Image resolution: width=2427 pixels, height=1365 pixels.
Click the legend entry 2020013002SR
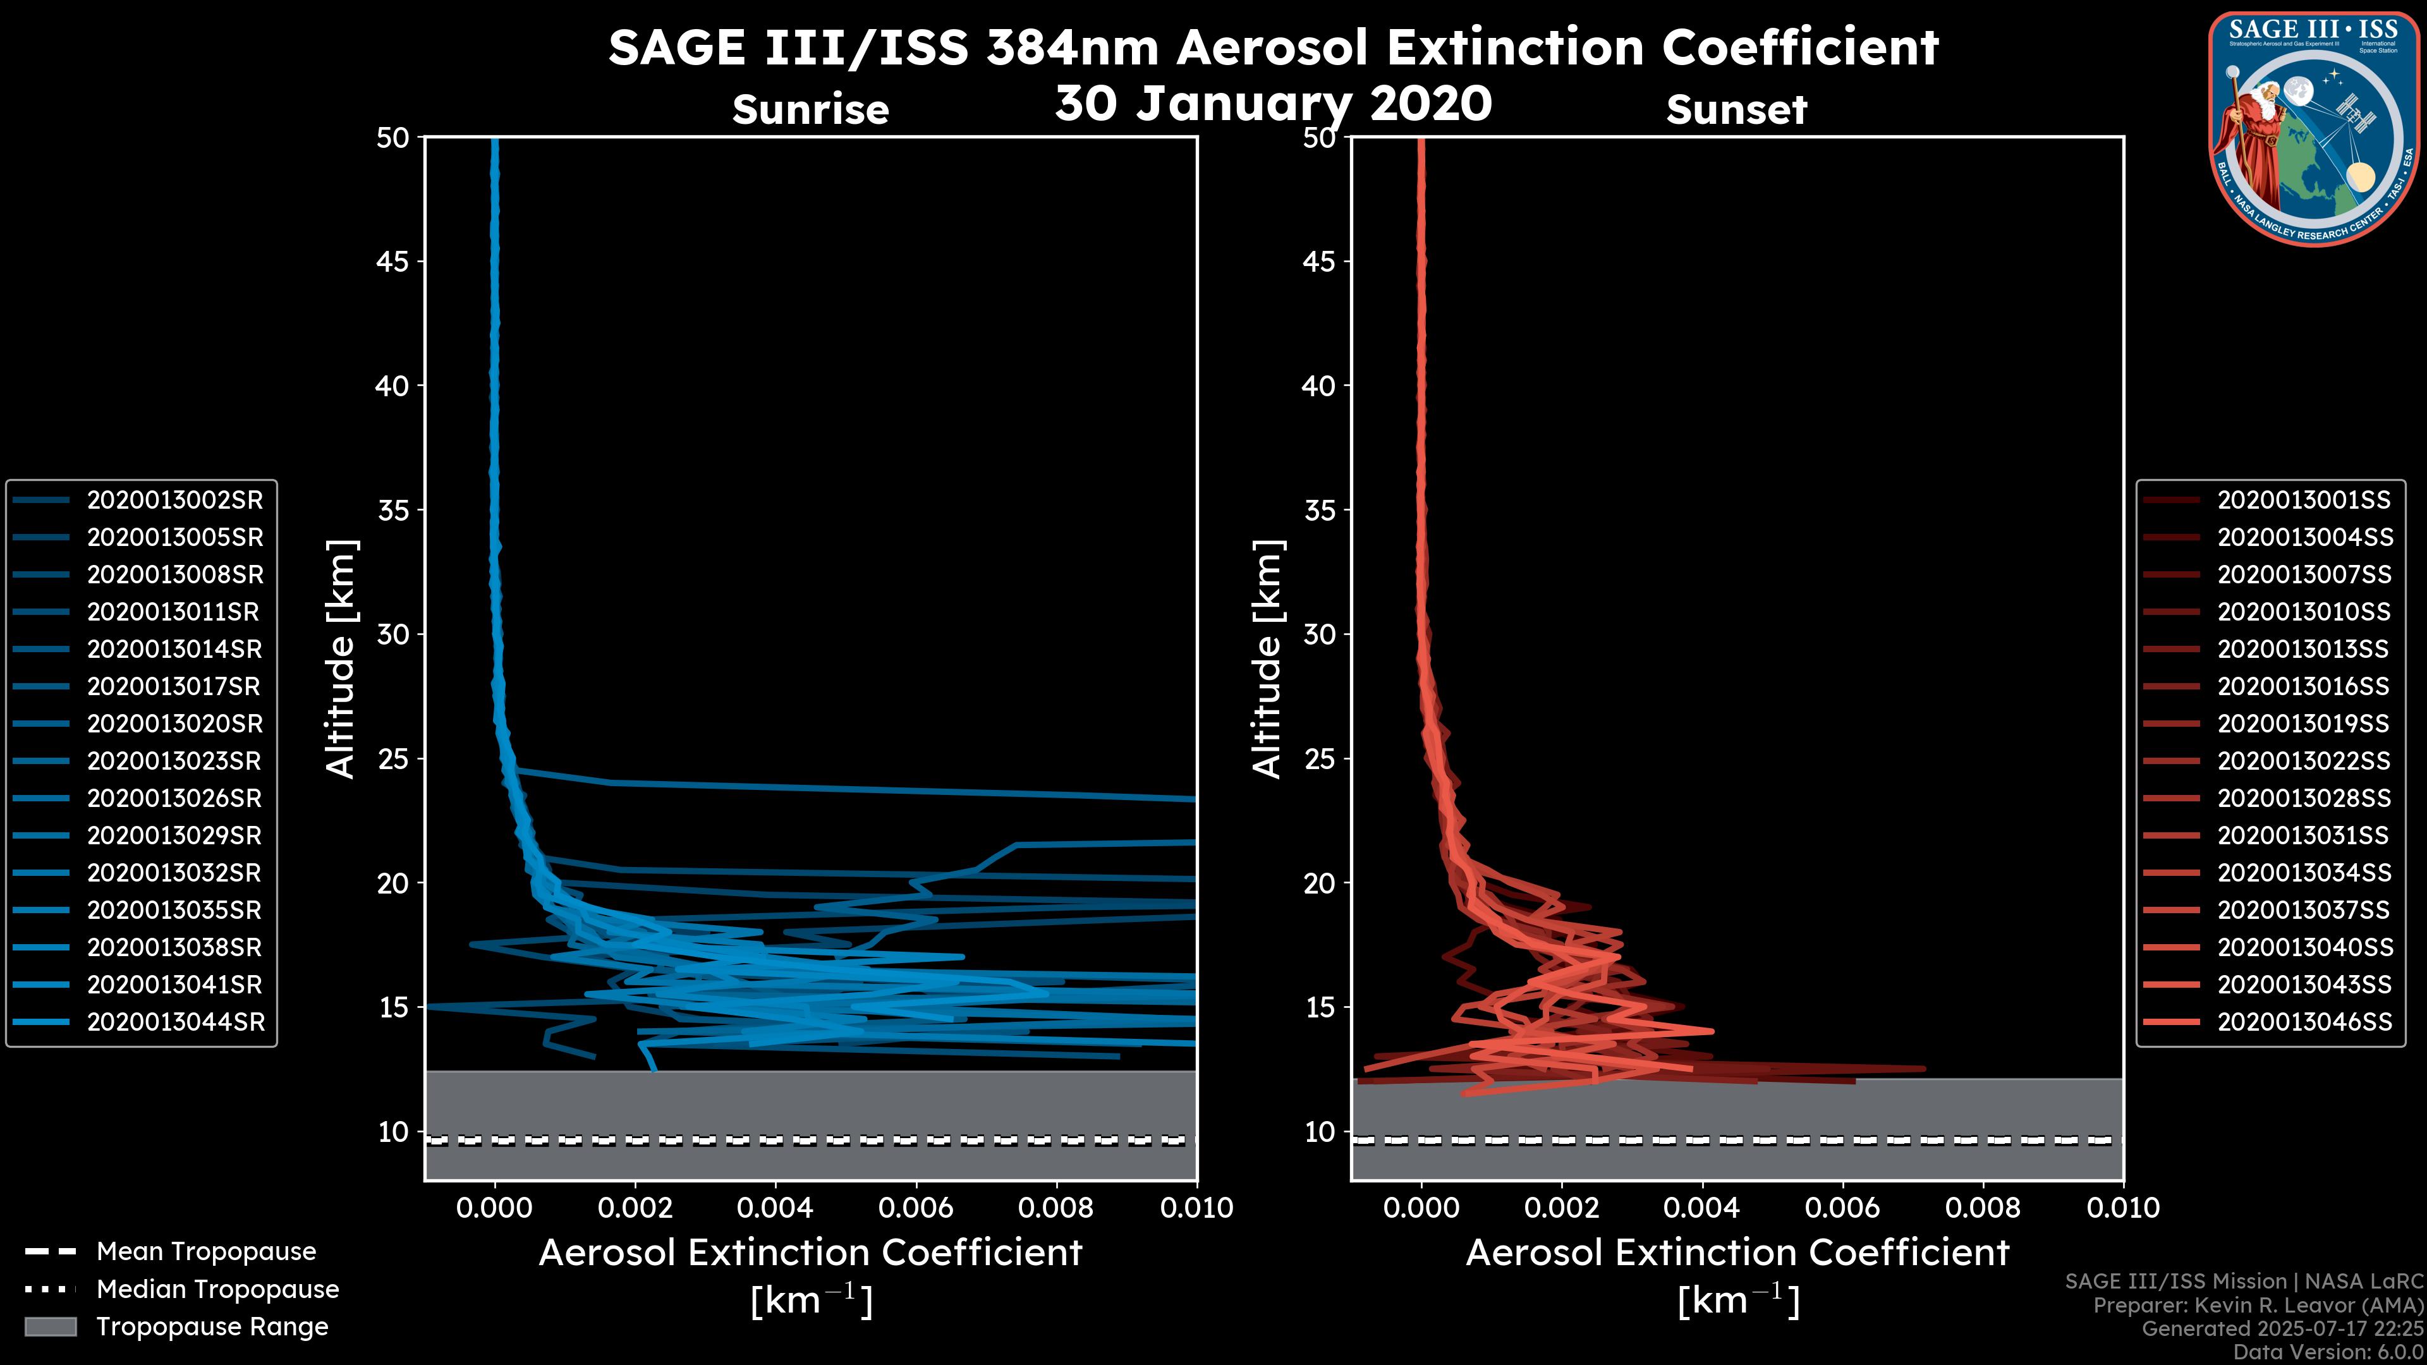174,500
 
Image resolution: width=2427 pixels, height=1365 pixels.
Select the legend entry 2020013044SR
175,1022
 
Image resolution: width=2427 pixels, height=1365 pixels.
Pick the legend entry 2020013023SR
174,761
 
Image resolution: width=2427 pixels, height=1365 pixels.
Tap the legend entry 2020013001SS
2304,500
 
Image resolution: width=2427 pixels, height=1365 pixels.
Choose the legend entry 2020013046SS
2304,1022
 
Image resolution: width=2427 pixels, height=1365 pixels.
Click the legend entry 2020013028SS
2304,799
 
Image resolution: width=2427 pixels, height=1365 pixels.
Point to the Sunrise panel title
810,110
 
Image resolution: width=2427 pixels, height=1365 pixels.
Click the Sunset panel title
1736,110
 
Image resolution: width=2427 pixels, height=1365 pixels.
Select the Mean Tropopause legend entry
205,1252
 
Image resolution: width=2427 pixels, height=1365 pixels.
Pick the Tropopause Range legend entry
212,1327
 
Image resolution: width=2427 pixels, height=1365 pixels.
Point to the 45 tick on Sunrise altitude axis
393,262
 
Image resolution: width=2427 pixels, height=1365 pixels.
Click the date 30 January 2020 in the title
1273,104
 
